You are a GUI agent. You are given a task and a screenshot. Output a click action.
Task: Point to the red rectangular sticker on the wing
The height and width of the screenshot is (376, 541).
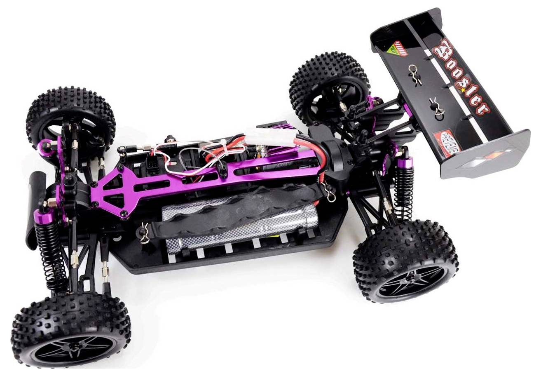tap(446, 142)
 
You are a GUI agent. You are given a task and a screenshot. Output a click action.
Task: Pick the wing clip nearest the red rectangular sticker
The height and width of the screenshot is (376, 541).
tap(435, 106)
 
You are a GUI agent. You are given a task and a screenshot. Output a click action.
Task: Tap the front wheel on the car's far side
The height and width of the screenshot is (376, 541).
tap(70, 117)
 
